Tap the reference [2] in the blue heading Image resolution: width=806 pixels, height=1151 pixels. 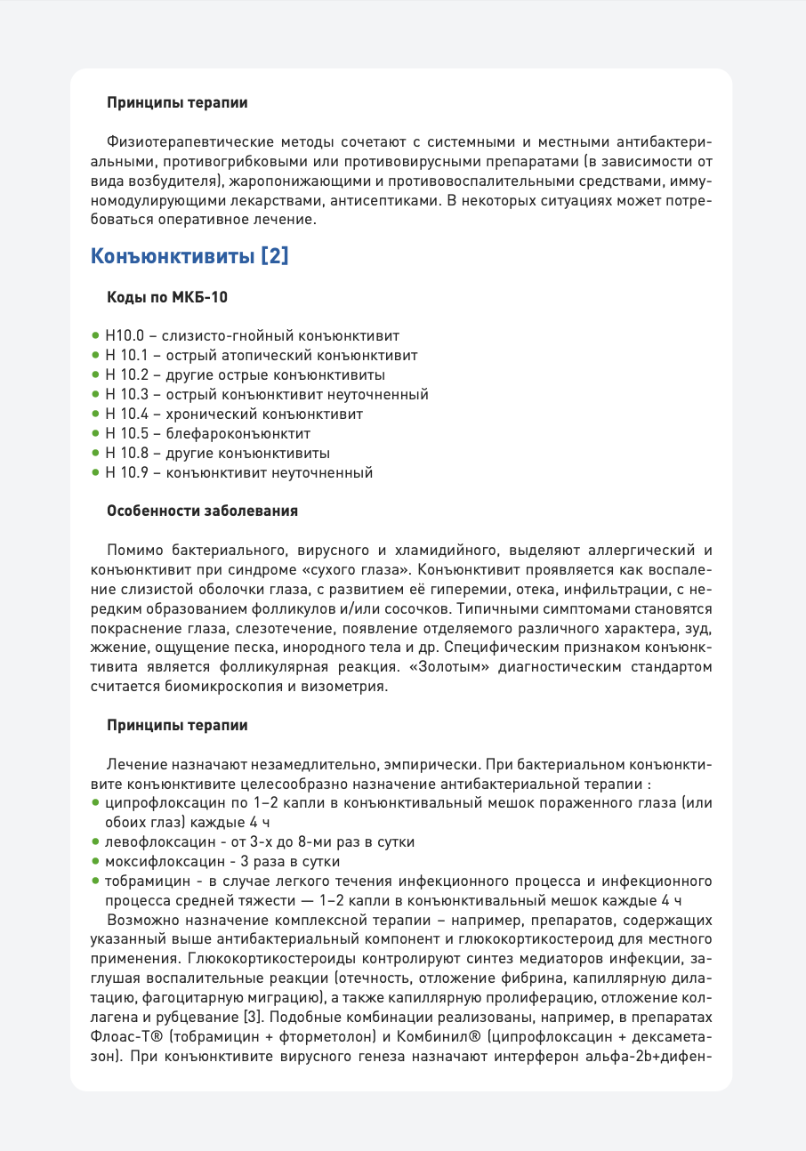click(274, 257)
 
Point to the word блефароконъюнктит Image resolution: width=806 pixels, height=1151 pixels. click(237, 433)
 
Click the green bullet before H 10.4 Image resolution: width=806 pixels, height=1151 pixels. click(96, 414)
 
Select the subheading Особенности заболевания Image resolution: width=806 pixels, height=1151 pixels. click(202, 511)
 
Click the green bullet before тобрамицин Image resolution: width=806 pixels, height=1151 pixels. click(96, 881)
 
